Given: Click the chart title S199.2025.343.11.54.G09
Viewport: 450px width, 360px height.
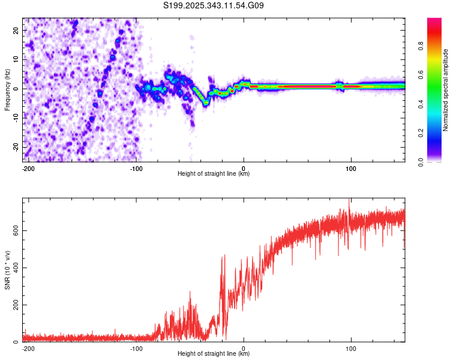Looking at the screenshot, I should (214, 6).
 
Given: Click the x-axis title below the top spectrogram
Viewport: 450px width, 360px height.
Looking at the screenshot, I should (214, 174).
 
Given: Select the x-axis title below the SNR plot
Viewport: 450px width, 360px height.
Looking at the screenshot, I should (214, 354).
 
